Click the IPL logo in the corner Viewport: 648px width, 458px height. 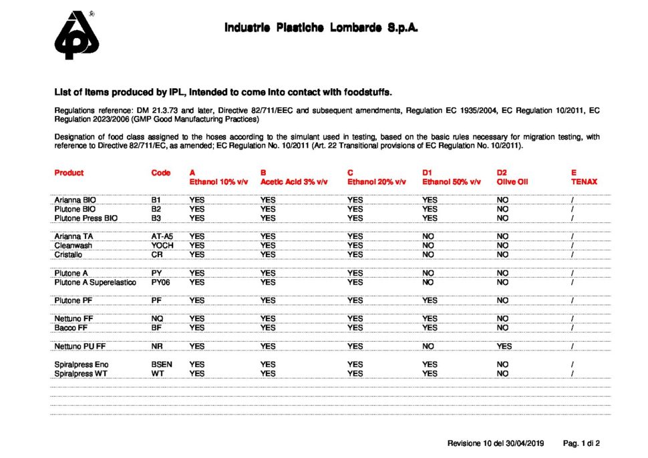point(76,35)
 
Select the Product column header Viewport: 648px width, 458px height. point(69,173)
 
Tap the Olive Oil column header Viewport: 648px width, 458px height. point(512,182)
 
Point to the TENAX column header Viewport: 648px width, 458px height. point(584,182)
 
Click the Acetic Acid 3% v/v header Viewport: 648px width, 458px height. point(293,182)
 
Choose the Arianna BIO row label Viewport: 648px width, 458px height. point(75,200)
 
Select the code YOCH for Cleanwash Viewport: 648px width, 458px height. point(162,245)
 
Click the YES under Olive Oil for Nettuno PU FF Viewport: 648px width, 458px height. point(504,347)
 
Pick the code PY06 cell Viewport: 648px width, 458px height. point(161,282)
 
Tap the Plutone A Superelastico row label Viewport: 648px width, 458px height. point(95,282)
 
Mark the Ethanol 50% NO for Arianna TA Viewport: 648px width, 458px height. point(429,236)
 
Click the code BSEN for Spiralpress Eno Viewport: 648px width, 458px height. point(162,365)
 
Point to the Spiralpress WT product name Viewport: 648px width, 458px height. point(81,374)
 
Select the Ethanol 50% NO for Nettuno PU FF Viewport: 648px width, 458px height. point(429,347)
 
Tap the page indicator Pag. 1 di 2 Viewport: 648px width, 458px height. point(582,443)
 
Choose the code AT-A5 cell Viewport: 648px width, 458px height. point(162,236)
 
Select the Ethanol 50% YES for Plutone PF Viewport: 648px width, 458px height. point(430,300)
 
